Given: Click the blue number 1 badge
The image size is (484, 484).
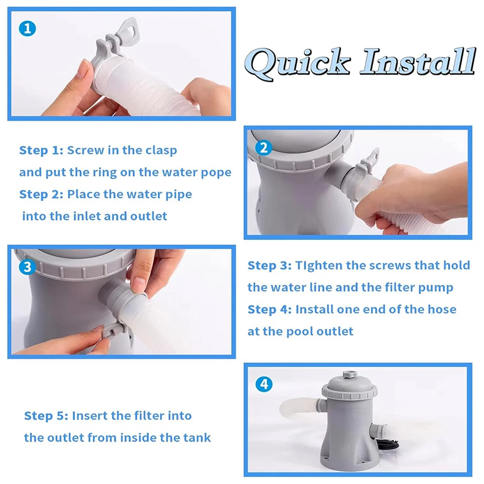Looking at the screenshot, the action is (x=27, y=29).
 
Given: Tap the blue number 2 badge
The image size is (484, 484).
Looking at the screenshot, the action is (x=264, y=148).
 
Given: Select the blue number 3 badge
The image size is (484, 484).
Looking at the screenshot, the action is (x=27, y=267).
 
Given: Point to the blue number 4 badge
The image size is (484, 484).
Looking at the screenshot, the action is (x=264, y=384).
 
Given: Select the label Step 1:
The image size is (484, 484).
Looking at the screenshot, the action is (x=42, y=151).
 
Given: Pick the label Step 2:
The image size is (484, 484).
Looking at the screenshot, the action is (x=42, y=195).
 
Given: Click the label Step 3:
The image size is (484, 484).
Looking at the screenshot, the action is (x=270, y=266).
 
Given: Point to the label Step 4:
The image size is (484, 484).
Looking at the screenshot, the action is (x=270, y=310).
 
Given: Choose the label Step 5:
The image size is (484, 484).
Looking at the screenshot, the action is (x=46, y=416).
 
